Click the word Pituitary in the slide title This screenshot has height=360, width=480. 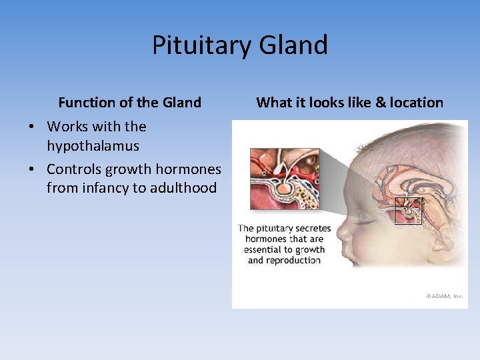pos(197,45)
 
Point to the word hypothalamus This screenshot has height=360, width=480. pos(93,146)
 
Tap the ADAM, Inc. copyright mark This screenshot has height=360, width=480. pos(444,295)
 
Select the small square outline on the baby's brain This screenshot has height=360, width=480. pos(408,211)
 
